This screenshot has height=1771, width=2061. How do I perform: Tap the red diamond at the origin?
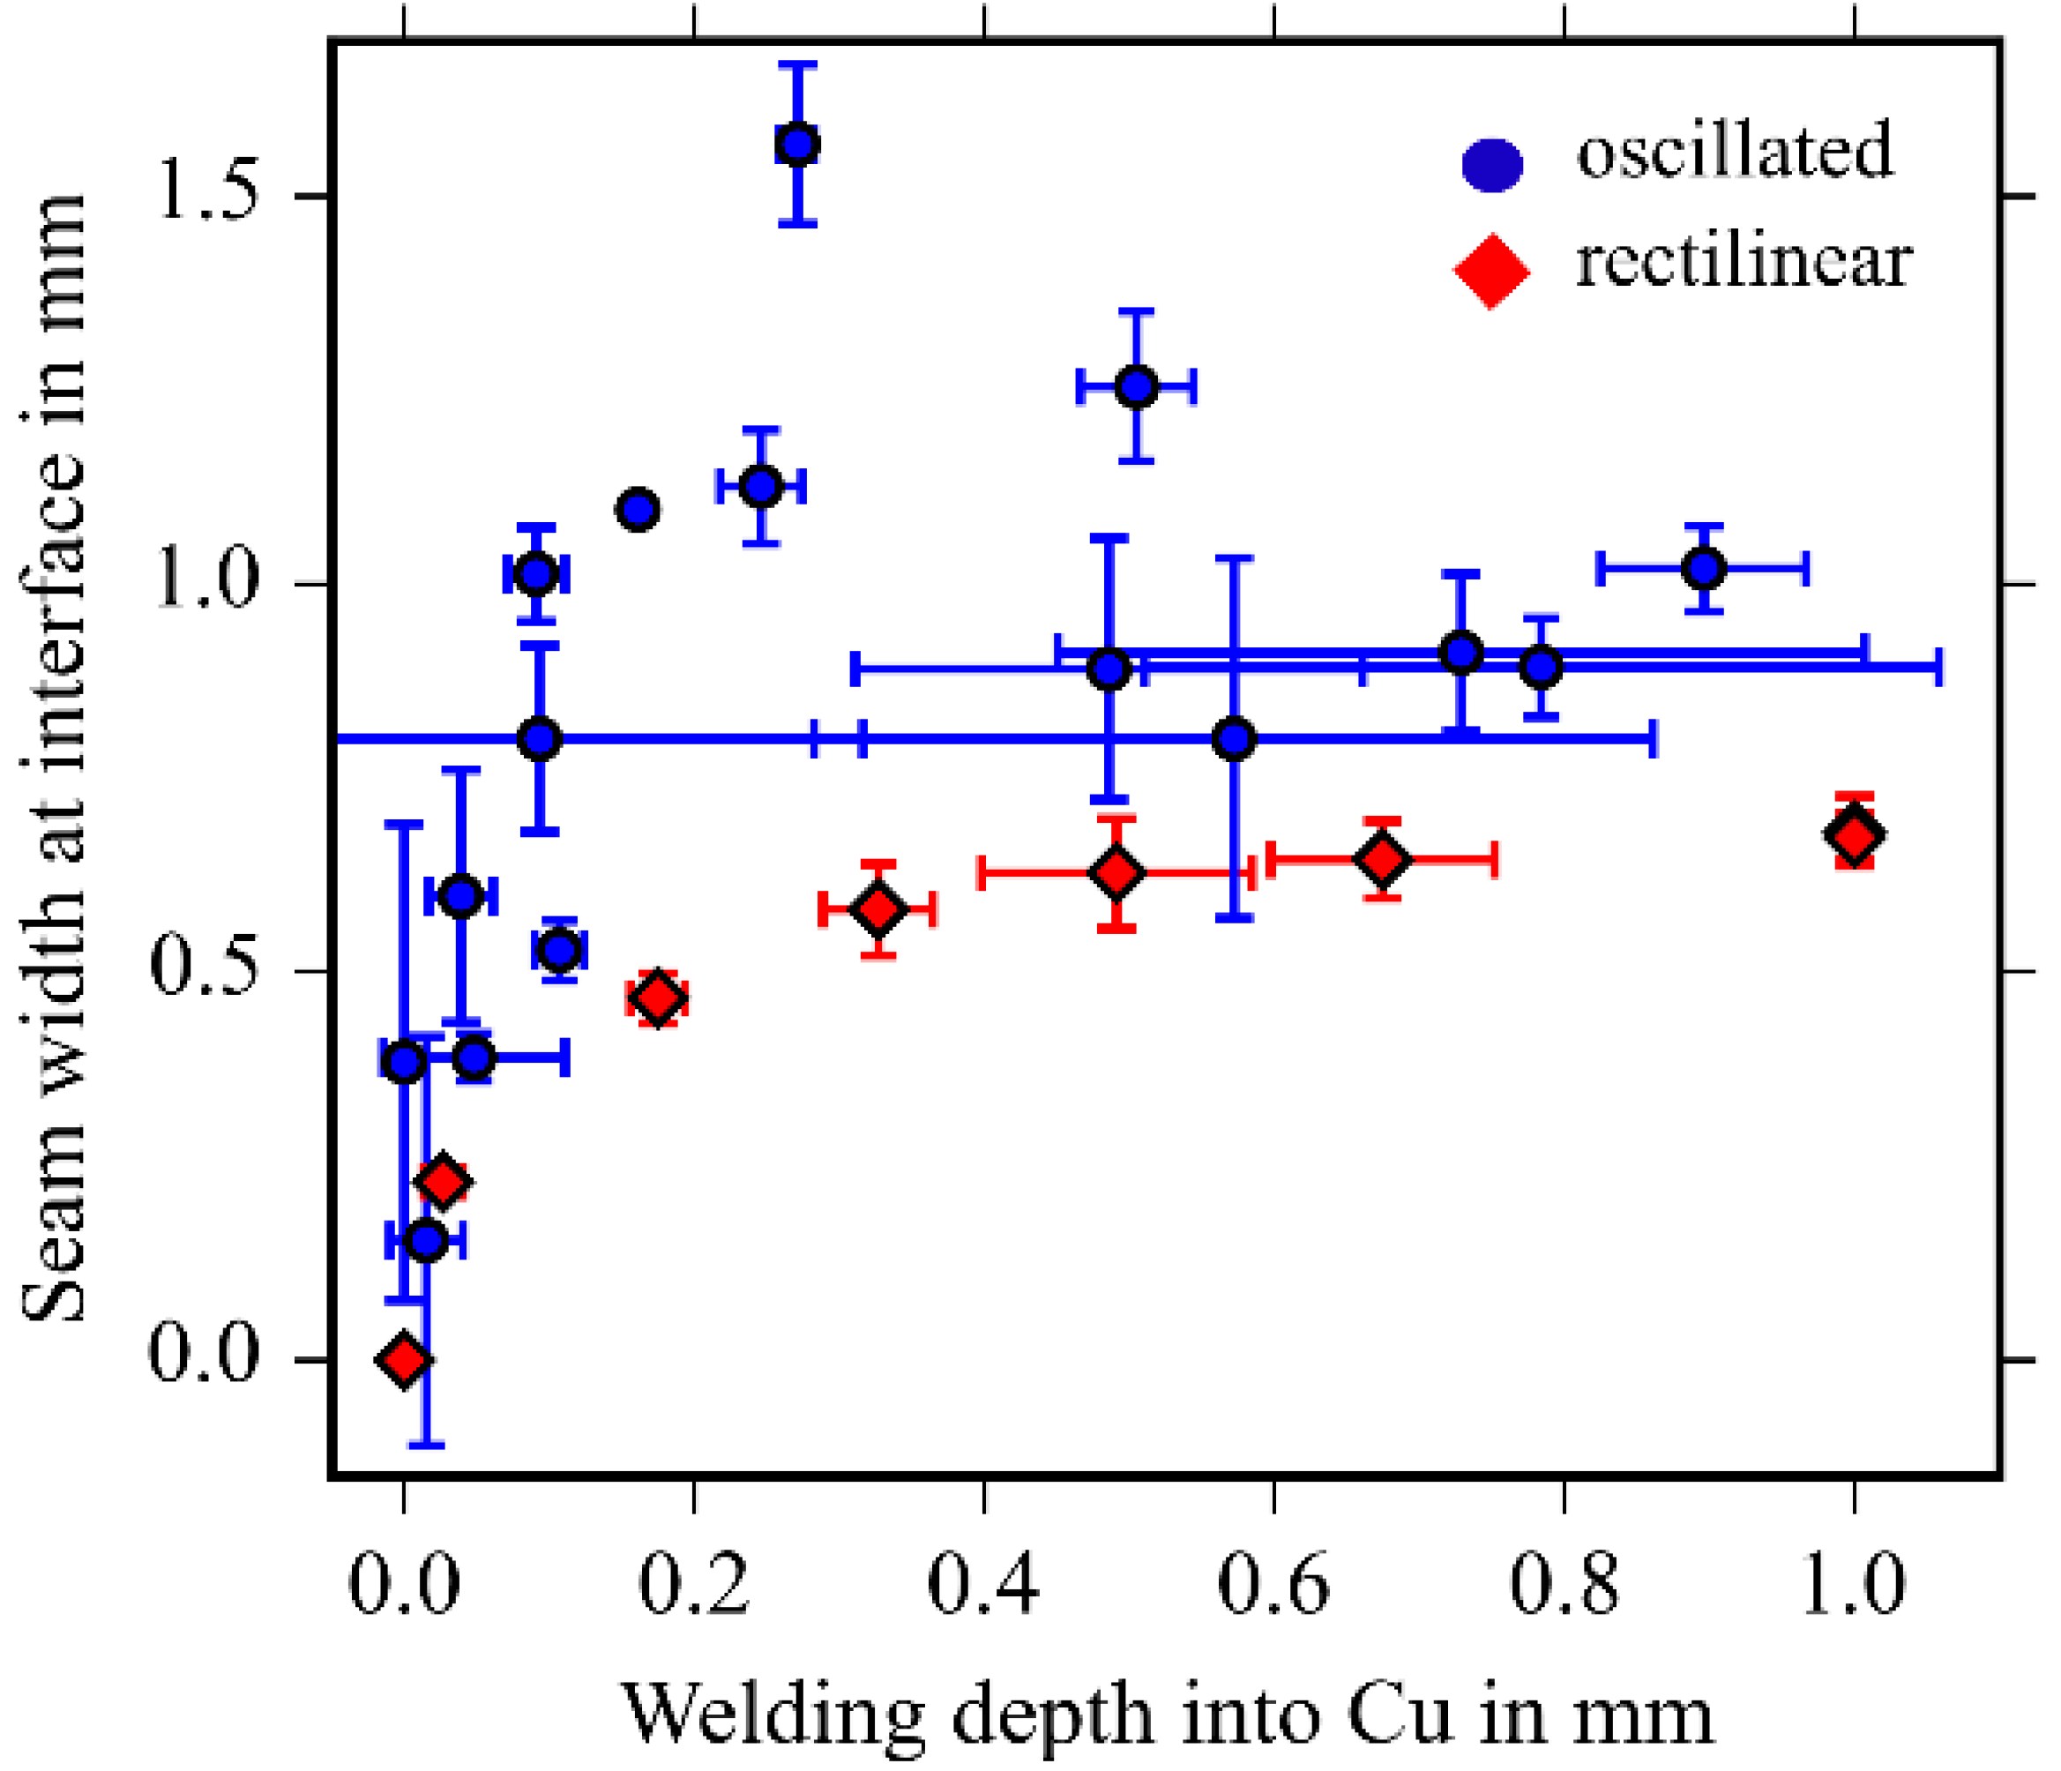[403, 1359]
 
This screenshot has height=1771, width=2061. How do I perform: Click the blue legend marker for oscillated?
[1492, 164]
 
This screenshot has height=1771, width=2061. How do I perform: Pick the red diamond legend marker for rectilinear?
[1491, 270]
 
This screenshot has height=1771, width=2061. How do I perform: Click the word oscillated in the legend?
[1735, 151]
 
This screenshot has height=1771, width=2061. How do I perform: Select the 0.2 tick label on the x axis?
[693, 1585]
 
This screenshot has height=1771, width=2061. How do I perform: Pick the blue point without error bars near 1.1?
[638, 511]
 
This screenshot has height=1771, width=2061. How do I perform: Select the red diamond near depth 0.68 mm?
[1383, 859]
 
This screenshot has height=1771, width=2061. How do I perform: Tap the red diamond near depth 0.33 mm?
[878, 908]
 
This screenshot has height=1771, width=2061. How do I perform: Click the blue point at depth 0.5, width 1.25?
[1136, 386]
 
